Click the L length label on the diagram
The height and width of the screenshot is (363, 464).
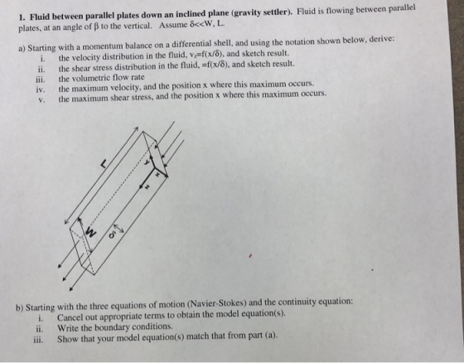point(103,163)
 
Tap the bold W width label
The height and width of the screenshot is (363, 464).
point(91,232)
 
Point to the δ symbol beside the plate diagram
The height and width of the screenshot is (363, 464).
point(112,235)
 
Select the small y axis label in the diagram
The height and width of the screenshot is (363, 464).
point(146,162)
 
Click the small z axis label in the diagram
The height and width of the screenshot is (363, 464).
point(147,186)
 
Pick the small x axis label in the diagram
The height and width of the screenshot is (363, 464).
point(157,175)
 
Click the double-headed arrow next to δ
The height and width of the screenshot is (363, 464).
point(118,228)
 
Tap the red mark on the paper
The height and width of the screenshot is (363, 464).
point(250,255)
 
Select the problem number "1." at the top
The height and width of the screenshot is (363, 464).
point(22,17)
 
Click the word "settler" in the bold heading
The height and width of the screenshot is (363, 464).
point(274,13)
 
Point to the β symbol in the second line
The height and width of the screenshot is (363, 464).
point(95,27)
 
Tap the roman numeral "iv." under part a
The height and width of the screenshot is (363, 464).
point(41,90)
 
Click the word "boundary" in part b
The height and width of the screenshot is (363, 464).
point(114,327)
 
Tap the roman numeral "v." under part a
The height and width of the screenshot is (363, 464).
point(41,99)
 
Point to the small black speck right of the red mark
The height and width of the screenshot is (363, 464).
point(372,269)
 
